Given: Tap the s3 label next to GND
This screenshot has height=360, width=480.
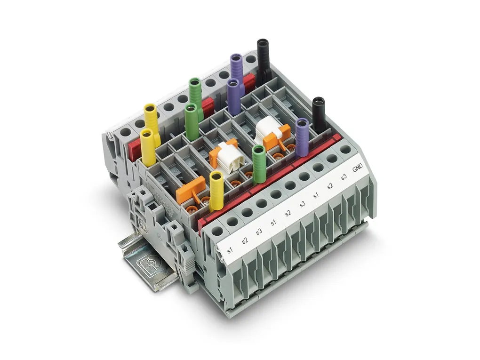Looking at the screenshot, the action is click(344, 176).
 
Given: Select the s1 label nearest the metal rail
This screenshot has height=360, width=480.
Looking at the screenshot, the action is click(230, 250).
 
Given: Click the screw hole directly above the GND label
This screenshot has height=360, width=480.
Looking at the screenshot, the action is click(345, 150).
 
